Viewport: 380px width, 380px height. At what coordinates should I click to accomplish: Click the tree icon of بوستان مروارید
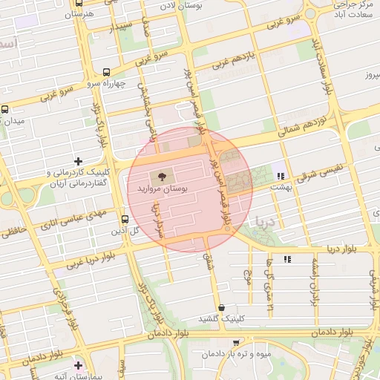[160, 177]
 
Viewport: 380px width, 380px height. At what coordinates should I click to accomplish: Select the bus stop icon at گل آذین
[124, 219]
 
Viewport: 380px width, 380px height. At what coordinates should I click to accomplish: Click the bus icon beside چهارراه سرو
[108, 73]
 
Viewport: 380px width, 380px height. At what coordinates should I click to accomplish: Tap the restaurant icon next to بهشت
[280, 176]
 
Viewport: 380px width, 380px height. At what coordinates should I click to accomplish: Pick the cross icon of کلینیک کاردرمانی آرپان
[78, 161]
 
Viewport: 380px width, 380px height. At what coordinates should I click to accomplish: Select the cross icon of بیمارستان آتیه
[78, 364]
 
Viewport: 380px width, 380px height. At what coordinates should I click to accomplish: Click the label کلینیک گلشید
[220, 318]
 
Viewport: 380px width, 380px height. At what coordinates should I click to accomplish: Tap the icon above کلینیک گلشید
[221, 307]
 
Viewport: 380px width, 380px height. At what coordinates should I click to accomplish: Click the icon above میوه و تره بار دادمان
[236, 342]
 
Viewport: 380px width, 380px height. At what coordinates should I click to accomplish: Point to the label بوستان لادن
[177, 6]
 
